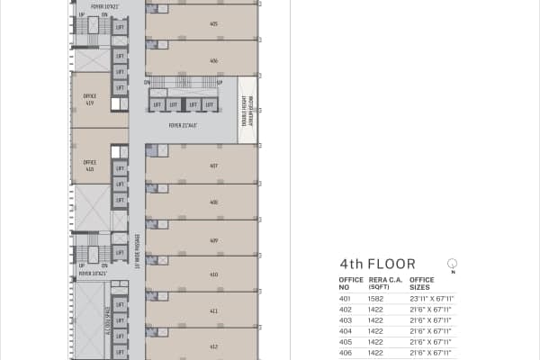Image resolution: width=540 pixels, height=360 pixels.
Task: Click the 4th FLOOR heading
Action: (x=377, y=265)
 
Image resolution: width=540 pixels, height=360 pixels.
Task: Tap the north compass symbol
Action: (x=452, y=264)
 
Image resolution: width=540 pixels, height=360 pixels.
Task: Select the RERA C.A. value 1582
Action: (x=377, y=298)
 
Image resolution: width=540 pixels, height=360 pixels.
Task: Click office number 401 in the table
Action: (x=345, y=298)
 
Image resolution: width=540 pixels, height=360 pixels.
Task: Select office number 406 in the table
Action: (x=345, y=353)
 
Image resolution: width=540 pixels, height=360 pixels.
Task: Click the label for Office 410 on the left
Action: (x=89, y=165)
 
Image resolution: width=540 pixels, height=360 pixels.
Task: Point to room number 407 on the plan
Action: (x=213, y=166)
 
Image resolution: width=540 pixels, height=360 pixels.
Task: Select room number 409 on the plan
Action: (x=213, y=240)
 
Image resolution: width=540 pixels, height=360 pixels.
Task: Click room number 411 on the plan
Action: (x=213, y=310)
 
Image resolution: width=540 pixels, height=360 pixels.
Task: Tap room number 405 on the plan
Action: (x=213, y=24)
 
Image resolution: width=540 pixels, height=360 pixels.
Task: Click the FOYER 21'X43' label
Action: (x=183, y=125)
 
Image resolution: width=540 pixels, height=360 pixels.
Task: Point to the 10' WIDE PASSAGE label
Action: (x=137, y=252)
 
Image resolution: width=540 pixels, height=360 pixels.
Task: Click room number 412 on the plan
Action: (x=213, y=346)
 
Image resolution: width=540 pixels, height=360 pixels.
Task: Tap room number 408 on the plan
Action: (x=213, y=202)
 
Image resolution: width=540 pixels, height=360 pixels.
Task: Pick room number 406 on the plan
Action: (x=213, y=60)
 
